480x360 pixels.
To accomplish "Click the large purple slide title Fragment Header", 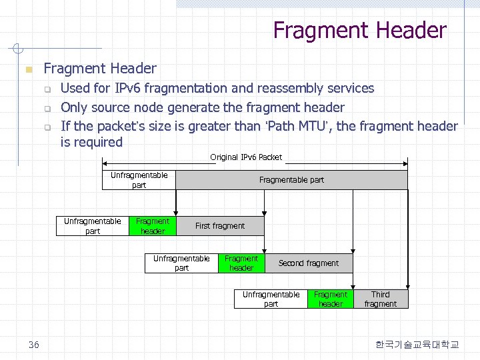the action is pos(359,31).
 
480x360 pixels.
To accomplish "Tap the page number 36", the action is pos(34,344).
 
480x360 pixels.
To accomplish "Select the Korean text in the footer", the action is pos(417,344).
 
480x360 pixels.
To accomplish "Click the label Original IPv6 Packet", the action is pos(246,157).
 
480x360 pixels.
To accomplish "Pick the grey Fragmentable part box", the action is pos(291,180).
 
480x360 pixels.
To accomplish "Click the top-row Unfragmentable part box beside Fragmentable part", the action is pos(139,180).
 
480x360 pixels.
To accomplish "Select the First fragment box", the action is pos(220,226).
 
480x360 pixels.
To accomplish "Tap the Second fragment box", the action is pos(308,263).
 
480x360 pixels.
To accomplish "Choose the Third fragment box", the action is pos(381,299).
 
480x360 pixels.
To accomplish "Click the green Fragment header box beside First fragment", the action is pos(153,226).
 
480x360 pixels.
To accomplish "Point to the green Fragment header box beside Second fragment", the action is pos(241,263).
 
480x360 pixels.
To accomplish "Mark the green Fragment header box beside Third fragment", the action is pos(331,299).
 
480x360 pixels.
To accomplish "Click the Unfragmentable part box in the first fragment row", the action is pos(93,226).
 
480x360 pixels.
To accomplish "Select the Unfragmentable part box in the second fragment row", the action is pos(181,263).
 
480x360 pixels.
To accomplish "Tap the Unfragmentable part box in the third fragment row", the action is pos(271,299).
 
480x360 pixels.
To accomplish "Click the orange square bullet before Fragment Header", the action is pos(27,69).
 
